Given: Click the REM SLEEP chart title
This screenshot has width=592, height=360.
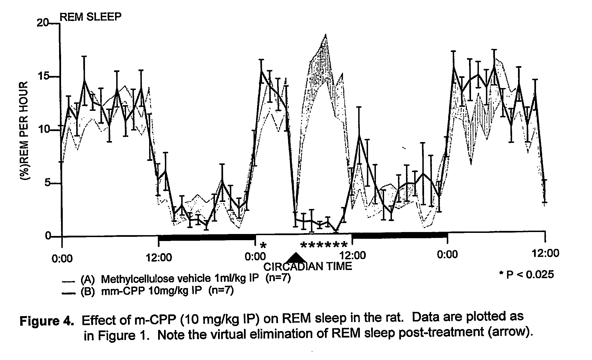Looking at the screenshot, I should (91, 17).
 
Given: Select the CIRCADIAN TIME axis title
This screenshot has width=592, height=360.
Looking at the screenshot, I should (308, 266).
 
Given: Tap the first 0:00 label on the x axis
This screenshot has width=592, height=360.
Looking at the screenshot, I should (62, 258).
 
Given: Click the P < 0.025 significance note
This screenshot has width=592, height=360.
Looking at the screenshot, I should (526, 274).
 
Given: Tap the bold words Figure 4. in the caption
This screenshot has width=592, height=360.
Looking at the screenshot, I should (47, 321).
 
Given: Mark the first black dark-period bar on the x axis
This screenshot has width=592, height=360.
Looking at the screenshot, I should (207, 237).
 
